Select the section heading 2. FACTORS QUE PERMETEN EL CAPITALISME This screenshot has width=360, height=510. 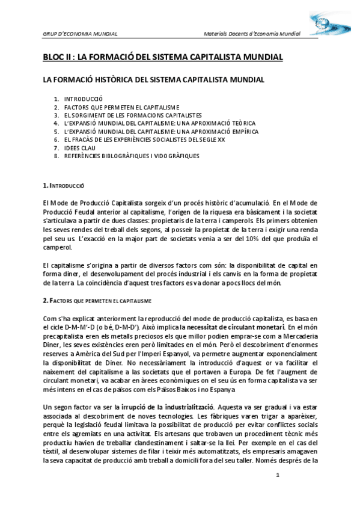coord(97,300)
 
